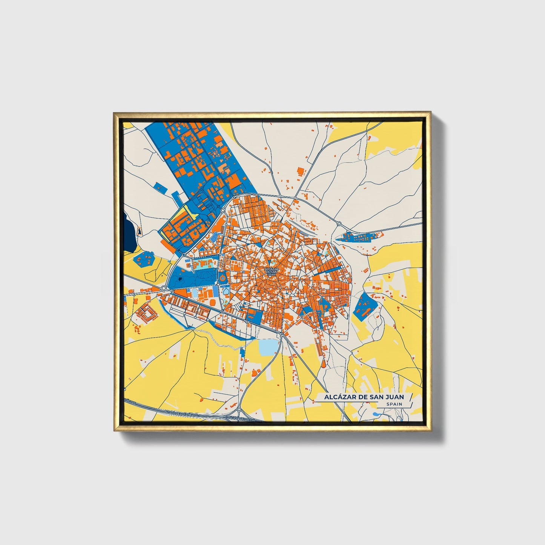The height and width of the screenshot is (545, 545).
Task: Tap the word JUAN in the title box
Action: click(x=394, y=397)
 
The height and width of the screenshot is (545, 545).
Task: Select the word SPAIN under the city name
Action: click(x=394, y=404)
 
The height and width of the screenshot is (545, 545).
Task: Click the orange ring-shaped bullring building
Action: click(x=222, y=279)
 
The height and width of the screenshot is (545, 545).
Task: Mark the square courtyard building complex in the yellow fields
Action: click(x=146, y=313)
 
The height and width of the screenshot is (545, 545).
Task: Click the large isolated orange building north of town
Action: click(x=301, y=171)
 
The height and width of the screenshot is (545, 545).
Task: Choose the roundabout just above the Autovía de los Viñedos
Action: click(x=239, y=409)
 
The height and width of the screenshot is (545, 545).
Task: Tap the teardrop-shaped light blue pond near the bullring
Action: click(x=226, y=291)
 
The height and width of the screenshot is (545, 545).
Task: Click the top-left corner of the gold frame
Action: click(x=115, y=113)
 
